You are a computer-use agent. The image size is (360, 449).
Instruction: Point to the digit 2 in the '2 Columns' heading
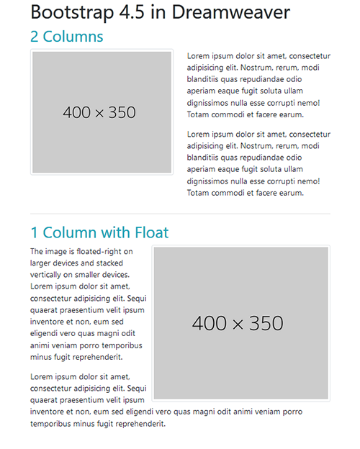point(35,37)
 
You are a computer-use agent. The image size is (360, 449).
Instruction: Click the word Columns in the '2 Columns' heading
point(73,37)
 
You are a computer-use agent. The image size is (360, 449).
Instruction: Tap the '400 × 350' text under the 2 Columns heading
point(99,113)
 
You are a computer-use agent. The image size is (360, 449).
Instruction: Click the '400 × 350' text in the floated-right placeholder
point(238,324)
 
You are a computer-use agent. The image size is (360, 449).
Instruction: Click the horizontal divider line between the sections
point(180,214)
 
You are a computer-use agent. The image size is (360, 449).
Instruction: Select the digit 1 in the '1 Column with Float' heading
point(34,233)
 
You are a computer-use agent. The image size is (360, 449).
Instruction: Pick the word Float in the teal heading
point(151,233)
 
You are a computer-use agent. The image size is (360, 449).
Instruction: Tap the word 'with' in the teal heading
point(114,233)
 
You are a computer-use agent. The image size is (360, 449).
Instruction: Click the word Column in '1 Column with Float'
point(68,233)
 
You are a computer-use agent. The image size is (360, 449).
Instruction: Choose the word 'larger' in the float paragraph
point(42,263)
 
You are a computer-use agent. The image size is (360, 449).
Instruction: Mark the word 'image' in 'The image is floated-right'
point(58,252)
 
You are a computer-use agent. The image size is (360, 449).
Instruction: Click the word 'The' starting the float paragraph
point(37,252)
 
